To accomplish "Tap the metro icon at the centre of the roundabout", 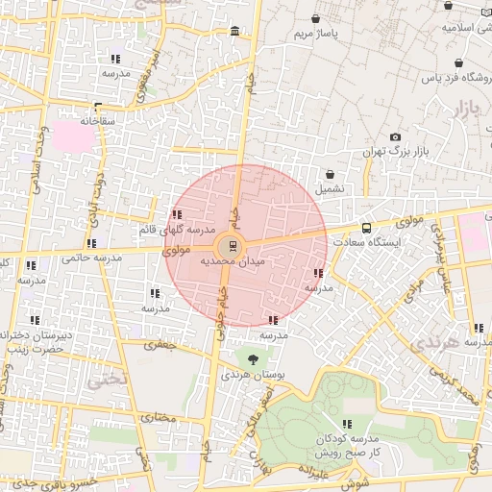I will pyautogui.click(x=235, y=245).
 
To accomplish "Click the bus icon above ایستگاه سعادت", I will pyautogui.click(x=366, y=228).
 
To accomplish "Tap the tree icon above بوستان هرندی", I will pyautogui.click(x=253, y=360).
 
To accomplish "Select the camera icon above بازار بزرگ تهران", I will pyautogui.click(x=396, y=137).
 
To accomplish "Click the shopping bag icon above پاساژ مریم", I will pyautogui.click(x=316, y=19).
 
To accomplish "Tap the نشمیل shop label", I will pyautogui.click(x=331, y=190).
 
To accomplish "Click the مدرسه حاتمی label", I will pyautogui.click(x=91, y=258).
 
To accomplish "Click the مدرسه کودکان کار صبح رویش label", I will pyautogui.click(x=347, y=445).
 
